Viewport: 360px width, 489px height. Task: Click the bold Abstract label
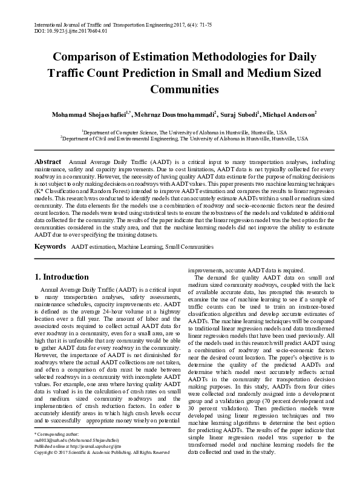click(x=48, y=163)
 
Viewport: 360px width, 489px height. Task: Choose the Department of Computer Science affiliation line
click(x=180, y=131)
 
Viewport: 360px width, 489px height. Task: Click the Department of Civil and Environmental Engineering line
click(x=180, y=138)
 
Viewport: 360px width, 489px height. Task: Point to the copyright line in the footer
click(x=102, y=452)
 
